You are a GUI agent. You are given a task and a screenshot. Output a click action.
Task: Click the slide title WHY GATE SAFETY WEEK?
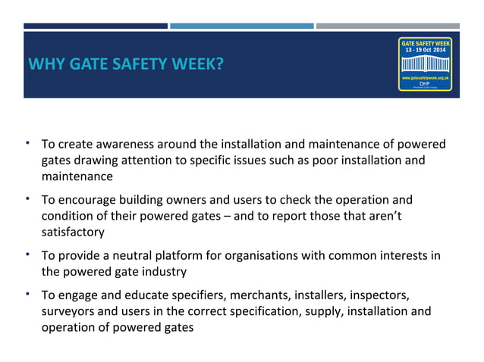pos(125,64)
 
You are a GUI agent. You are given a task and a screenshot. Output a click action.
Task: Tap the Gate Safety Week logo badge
pos(425,64)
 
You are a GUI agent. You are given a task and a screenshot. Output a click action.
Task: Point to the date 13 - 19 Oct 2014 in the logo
pos(425,50)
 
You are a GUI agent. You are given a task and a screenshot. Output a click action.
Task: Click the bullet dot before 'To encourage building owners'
pos(27,198)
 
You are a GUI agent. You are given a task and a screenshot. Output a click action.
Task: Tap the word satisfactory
pos(72,232)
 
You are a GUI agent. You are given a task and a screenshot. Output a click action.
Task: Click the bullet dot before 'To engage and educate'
pos(27,292)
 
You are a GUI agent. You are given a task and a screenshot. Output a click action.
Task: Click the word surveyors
pos(68,311)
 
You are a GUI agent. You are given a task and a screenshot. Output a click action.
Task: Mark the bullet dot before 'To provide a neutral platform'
pos(27,254)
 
